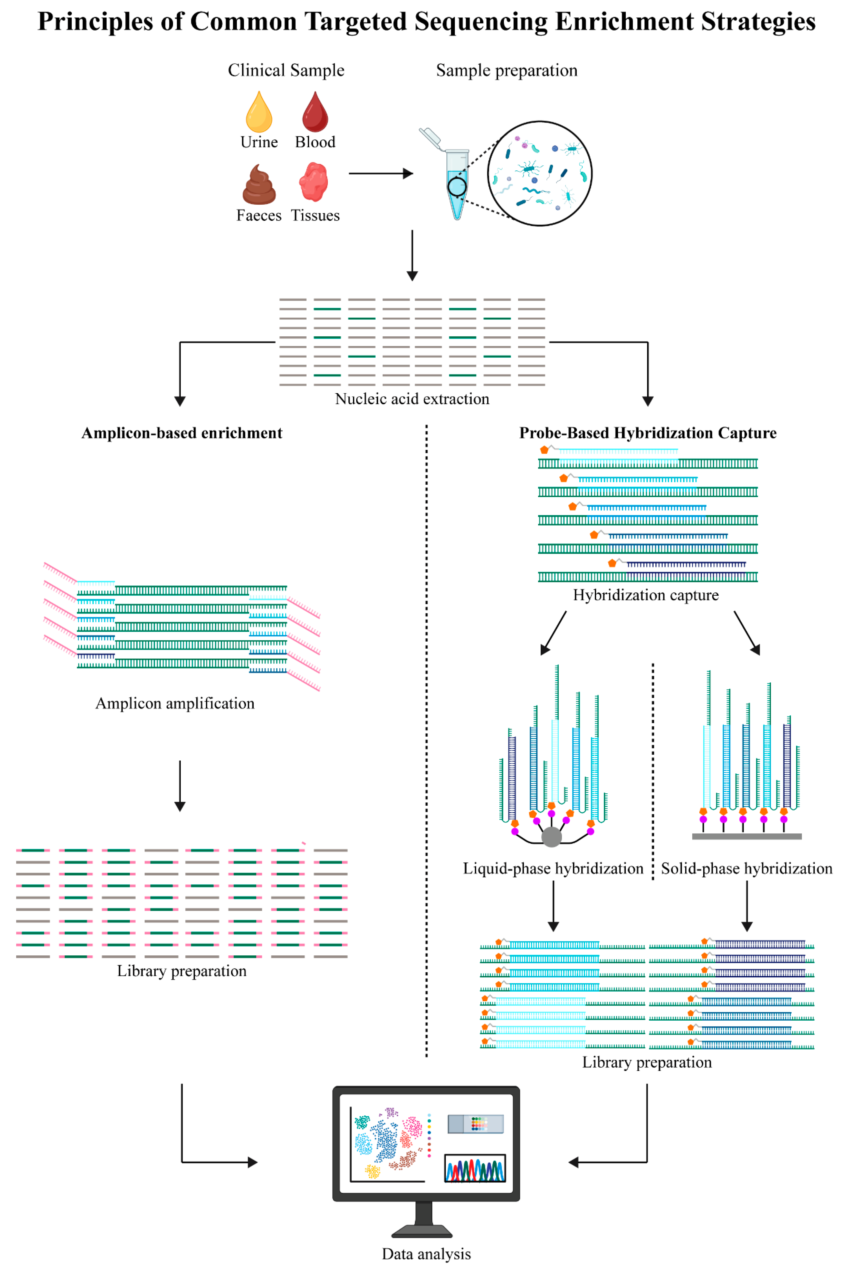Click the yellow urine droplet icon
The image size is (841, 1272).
click(x=259, y=113)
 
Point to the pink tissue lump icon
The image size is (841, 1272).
click(x=314, y=182)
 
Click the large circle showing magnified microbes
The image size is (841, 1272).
click(x=540, y=173)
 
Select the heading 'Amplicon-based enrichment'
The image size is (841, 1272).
click(x=182, y=433)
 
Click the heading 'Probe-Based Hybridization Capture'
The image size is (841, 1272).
click(x=647, y=433)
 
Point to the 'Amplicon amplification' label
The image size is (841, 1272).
click(x=175, y=703)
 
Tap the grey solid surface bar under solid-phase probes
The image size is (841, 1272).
click(x=747, y=836)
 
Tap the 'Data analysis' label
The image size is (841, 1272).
click(x=426, y=1254)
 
